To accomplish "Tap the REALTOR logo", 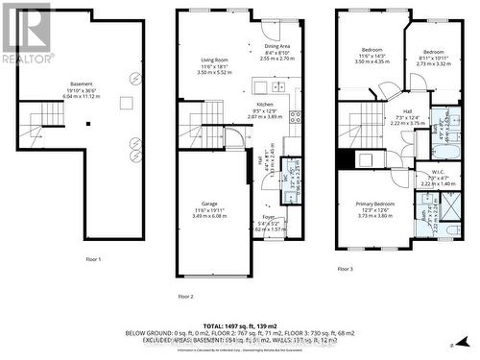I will coord(26,35).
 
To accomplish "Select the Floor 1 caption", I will coord(93,259).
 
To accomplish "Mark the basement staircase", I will coord(44,124).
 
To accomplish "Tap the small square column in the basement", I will coord(87,122).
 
